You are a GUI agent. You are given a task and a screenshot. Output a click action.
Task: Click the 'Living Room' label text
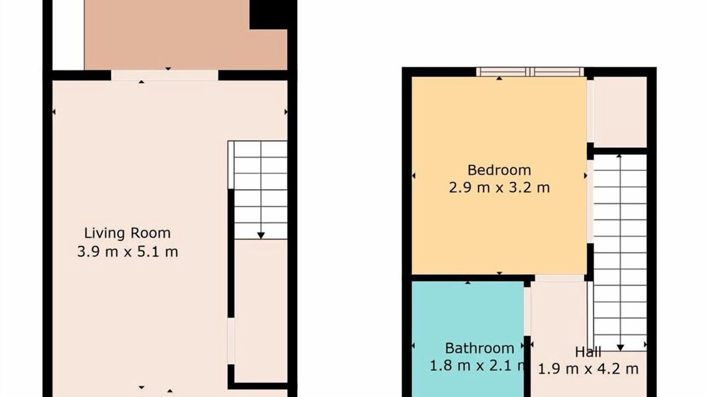pos(127,233)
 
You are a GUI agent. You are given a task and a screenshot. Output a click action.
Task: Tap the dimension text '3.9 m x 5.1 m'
pos(127,252)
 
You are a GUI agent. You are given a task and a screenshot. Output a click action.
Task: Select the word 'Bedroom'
pos(499,170)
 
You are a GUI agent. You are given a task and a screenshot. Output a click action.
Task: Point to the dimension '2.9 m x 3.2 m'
pos(499,188)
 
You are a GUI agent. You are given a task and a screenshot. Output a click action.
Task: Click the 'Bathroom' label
pos(480,348)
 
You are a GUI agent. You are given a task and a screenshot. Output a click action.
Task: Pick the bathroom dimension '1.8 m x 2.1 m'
pos(477,366)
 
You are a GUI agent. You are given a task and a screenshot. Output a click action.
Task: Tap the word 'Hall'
pos(588,352)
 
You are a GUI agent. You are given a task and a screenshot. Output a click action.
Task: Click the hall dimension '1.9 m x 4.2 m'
pos(588,369)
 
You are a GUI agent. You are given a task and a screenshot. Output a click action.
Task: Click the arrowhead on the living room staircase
pos(261,235)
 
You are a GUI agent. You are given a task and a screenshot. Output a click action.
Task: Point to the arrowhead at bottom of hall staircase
pos(621,348)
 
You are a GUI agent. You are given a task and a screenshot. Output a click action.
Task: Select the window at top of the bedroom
pos(530,72)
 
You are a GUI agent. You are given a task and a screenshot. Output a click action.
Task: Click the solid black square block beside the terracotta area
pos(269,14)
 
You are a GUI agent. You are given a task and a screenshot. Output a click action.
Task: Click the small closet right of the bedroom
pos(621,112)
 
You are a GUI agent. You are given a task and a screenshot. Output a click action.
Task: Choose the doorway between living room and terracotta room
pos(164,76)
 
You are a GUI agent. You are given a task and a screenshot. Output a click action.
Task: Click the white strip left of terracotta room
pos(68,35)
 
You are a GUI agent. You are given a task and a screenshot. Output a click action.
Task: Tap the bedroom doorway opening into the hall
pos(559,278)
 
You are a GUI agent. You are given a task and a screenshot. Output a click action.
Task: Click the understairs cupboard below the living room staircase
pos(261,311)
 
